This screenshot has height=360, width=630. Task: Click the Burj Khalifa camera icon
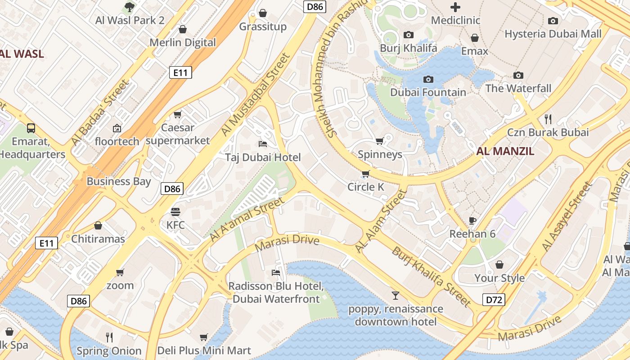click(408, 35)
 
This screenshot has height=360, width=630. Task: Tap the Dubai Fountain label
click(428, 92)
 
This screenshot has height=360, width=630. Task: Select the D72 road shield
click(494, 300)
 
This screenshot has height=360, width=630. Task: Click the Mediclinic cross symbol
click(455, 7)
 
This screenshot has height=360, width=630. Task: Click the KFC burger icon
click(175, 211)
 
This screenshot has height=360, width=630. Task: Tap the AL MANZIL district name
click(505, 151)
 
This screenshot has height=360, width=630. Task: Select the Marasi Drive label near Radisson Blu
click(287, 243)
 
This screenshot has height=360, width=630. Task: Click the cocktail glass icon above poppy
click(395, 296)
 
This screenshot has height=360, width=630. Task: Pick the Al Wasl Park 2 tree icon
click(130, 7)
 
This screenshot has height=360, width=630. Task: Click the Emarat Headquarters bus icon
click(31, 128)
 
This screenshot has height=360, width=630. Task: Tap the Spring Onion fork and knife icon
click(109, 337)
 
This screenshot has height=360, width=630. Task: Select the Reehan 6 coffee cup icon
click(472, 220)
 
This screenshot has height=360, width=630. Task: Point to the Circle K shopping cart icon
click(365, 174)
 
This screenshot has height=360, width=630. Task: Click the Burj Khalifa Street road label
click(431, 276)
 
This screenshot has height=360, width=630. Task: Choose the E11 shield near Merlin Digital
click(180, 72)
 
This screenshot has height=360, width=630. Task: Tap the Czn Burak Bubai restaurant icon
click(548, 119)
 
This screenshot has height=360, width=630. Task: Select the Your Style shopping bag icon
click(499, 265)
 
